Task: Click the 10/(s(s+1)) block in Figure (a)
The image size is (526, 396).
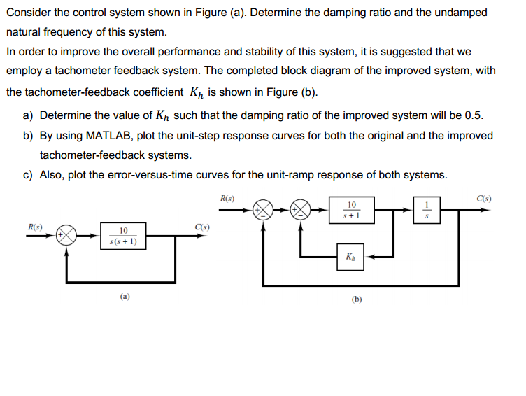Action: coord(123,236)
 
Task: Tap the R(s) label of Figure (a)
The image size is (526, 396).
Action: coord(34,227)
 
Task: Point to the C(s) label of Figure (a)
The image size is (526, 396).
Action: coord(203,227)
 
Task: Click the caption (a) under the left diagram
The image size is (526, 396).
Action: coord(124,297)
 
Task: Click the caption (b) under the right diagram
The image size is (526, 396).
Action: coord(357,299)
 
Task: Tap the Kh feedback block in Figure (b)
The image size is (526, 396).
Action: coord(350,257)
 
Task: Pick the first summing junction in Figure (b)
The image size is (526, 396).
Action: coord(264,209)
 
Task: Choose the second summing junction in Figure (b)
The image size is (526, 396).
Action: coord(301,209)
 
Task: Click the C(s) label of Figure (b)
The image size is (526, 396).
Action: coord(483,198)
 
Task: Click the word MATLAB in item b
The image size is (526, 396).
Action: coord(107,135)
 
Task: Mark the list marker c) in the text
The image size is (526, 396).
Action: coord(27,175)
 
